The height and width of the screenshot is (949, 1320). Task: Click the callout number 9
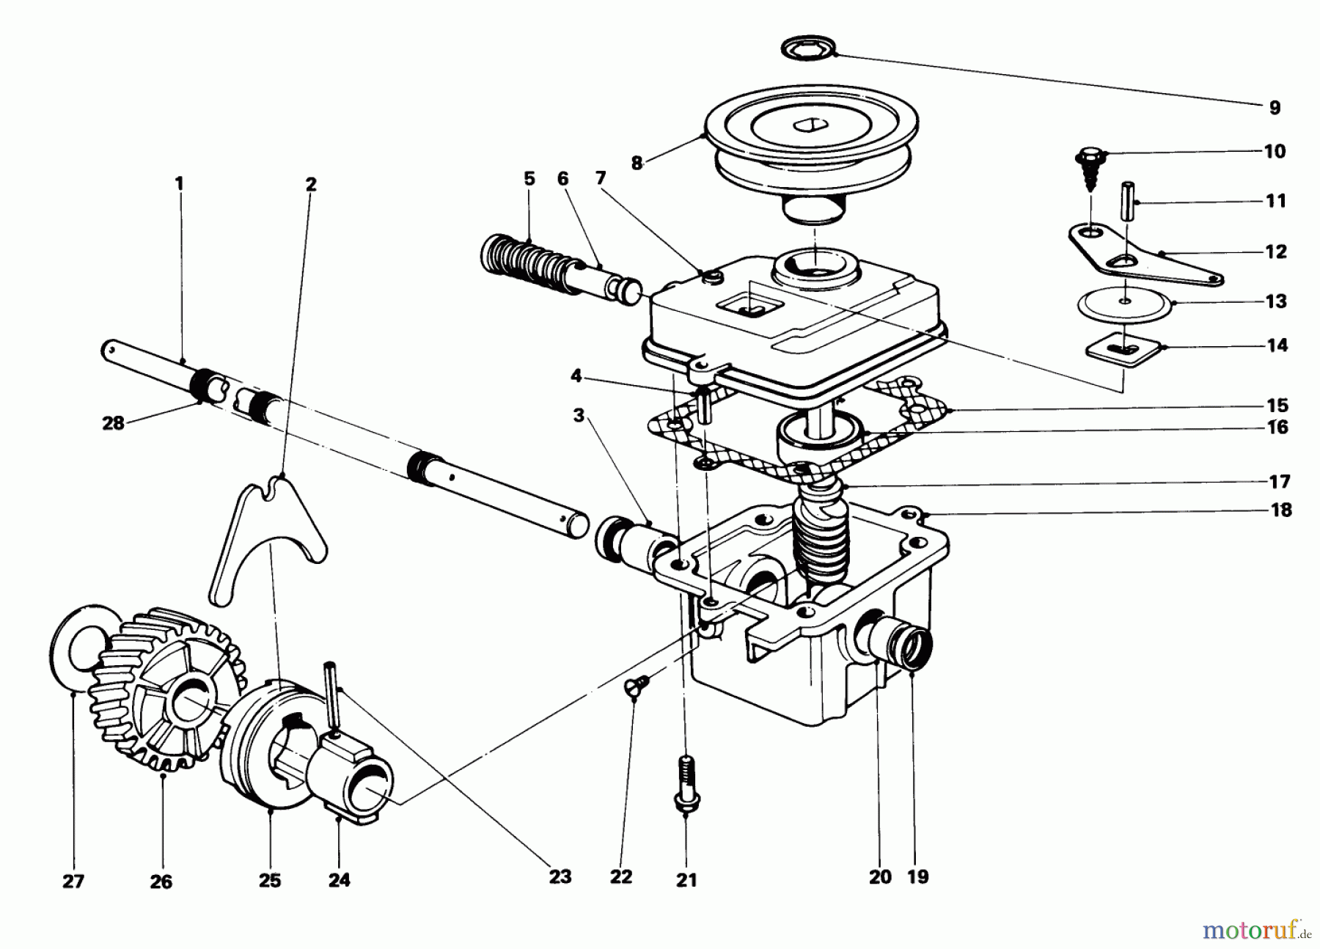[x=1275, y=108]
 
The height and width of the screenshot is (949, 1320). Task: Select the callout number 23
[x=560, y=876]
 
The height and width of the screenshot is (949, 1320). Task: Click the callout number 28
[x=114, y=423]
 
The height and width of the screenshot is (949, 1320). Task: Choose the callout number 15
[x=1277, y=406]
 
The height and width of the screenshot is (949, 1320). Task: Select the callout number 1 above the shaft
[x=180, y=183]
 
